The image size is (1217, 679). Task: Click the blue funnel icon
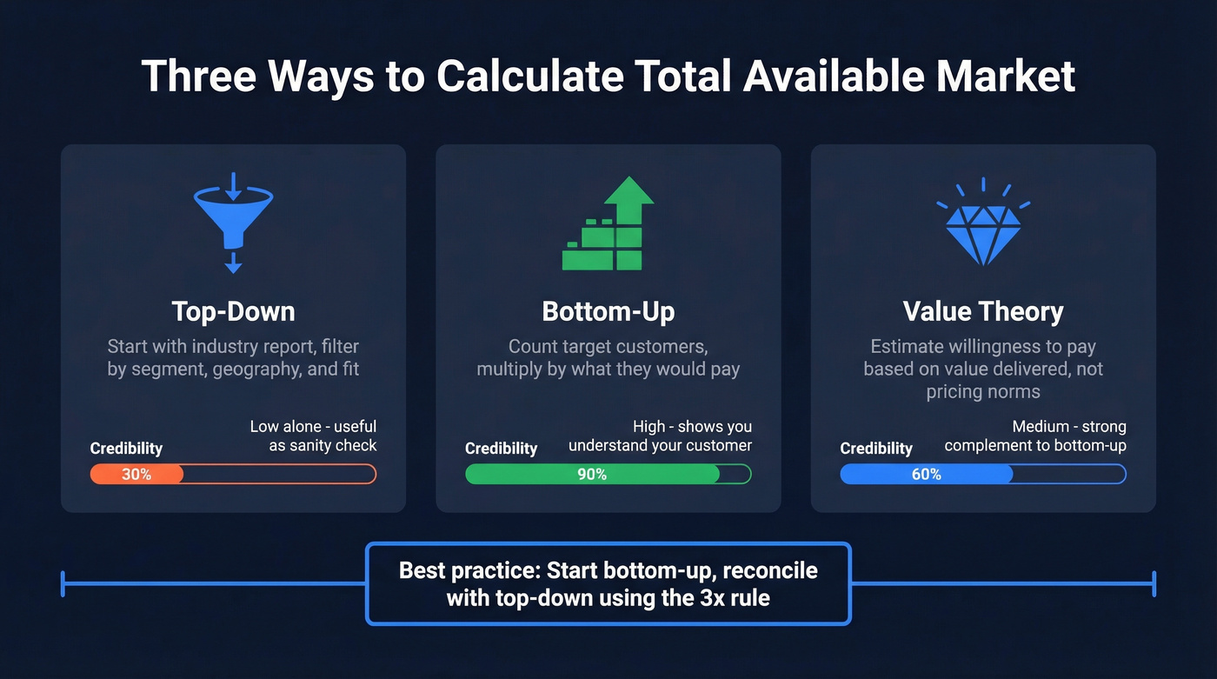[233, 223]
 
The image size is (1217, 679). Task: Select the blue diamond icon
[983, 228]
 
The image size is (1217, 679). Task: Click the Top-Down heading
[233, 311]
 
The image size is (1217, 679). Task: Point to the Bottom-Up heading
[608, 311]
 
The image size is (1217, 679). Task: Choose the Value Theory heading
[983, 311]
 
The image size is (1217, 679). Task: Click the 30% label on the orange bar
[136, 474]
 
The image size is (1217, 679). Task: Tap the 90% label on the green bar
[592, 474]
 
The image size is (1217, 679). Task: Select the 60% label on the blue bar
[927, 474]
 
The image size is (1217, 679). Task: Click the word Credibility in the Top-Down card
[126, 449]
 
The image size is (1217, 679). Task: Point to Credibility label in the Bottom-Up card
[501, 449]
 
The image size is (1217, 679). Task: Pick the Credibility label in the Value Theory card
[876, 449]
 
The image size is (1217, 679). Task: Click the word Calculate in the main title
[529, 77]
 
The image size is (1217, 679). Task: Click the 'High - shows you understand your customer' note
[661, 436]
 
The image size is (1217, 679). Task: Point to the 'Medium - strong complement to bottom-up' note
[1035, 436]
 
